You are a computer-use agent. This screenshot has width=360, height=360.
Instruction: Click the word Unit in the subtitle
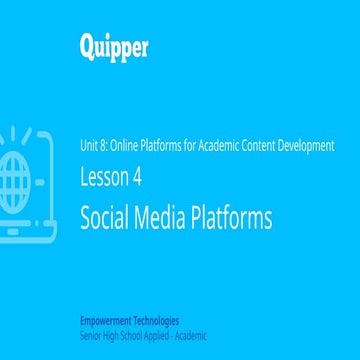(x=90, y=145)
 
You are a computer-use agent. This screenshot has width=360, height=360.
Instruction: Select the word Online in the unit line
(x=126, y=145)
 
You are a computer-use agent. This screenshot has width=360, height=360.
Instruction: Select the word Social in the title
(x=106, y=217)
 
